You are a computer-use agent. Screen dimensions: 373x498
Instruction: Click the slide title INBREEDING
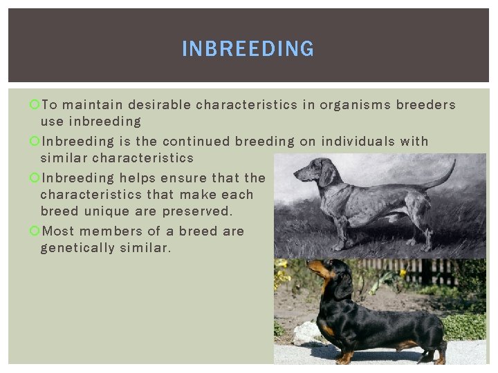pos(248,49)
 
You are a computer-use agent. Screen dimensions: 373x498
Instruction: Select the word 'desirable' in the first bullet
pos(159,105)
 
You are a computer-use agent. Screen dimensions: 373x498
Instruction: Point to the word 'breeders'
pos(425,105)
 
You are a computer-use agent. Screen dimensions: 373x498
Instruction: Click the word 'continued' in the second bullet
pos(196,142)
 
